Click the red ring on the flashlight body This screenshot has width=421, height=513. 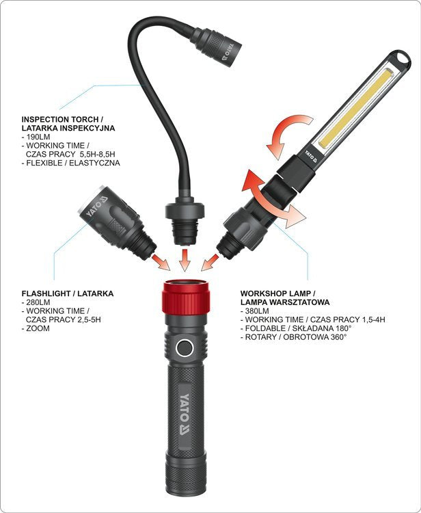pos(186,298)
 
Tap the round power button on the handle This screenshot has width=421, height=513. pos(184,347)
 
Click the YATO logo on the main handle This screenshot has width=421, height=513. pos(185,415)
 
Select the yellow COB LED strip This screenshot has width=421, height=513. pos(355,108)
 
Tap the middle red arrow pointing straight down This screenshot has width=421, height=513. pos(185,260)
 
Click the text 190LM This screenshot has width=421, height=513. pos(38,137)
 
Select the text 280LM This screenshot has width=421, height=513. pos(38,302)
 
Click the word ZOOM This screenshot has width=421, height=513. pos(38,328)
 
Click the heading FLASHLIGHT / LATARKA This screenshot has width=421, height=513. pos(68,293)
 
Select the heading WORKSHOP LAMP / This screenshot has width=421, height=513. pos(278,293)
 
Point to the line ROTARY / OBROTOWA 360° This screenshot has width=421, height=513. pos(295,337)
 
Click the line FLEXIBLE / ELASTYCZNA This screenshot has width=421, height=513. pos(73,163)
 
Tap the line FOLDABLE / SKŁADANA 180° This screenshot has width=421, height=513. pos(298,328)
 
